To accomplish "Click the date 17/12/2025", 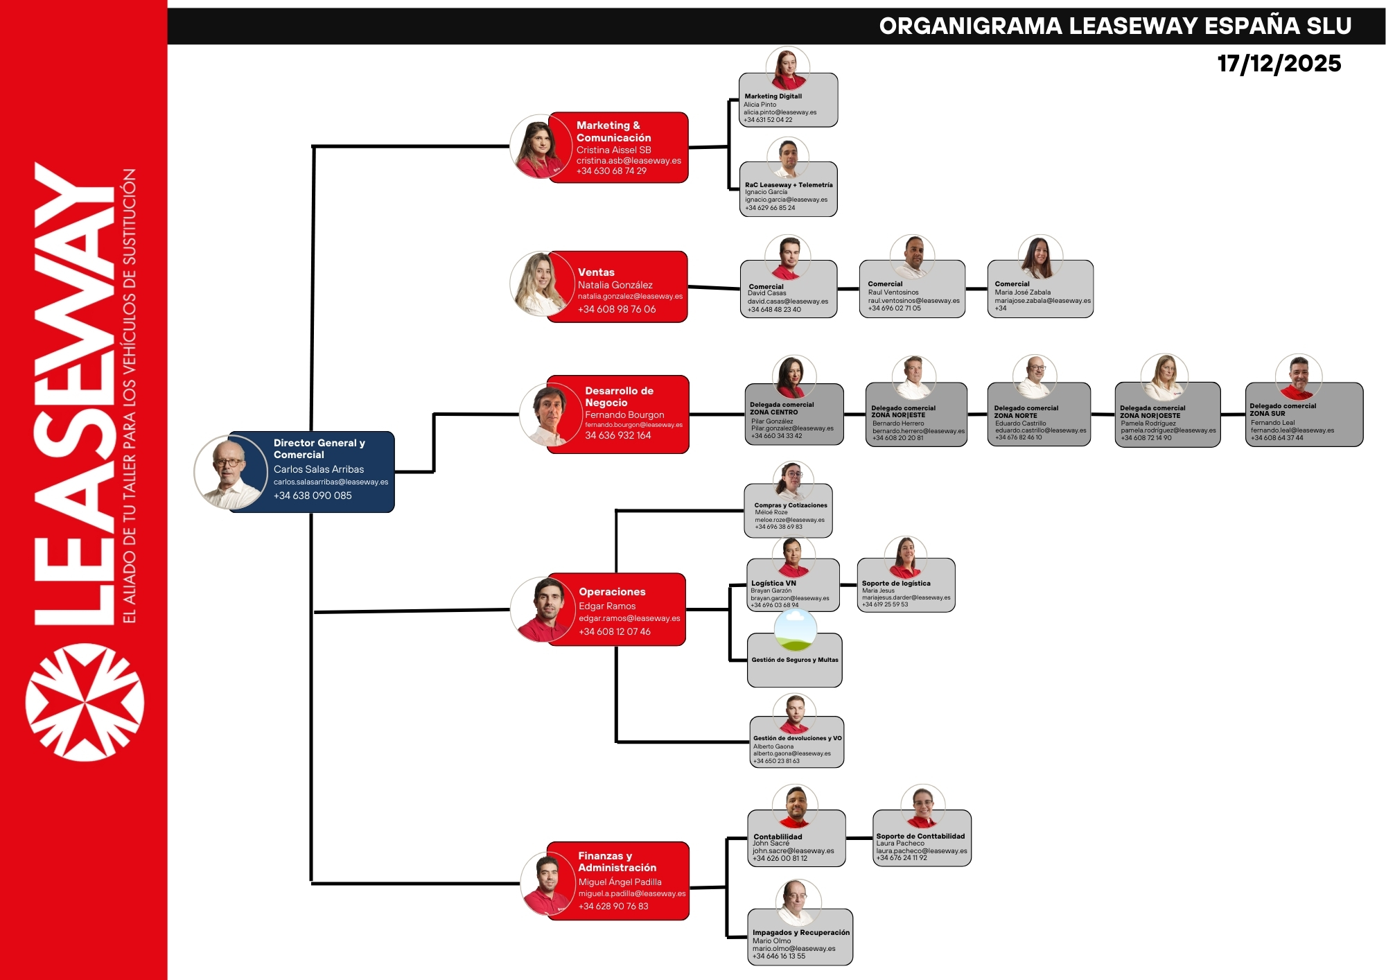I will (x=1279, y=64).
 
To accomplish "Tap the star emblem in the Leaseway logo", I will (x=85, y=702).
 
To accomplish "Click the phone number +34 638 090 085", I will (x=313, y=496).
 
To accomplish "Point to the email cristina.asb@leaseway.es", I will (x=629, y=161).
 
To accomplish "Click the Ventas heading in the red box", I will (x=596, y=272).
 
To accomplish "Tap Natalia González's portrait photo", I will (x=540, y=284).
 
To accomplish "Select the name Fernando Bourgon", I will (x=624, y=414).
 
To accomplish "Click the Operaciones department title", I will (x=612, y=592).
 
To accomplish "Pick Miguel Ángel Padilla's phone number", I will (x=613, y=907).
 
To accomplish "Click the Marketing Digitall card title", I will (x=773, y=96).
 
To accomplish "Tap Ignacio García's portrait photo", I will (x=788, y=157).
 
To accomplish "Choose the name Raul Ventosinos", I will (x=893, y=292).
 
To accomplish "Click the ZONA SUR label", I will (x=1267, y=414).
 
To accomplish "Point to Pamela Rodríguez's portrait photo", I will (x=1164, y=377).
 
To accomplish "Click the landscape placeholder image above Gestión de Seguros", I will (x=795, y=631).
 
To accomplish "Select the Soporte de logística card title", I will (x=896, y=584).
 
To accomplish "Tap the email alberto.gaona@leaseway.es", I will (x=791, y=753).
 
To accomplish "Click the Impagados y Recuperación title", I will (x=800, y=933).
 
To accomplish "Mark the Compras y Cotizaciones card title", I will (x=790, y=505).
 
